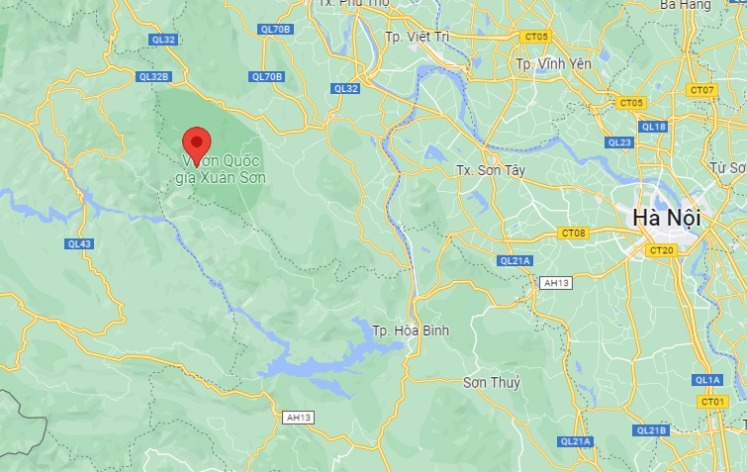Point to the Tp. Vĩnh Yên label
tap(551, 63)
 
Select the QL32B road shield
tap(155, 76)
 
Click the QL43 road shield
tap(80, 243)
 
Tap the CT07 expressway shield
tap(701, 90)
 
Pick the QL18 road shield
tap(653, 127)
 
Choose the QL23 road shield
tap(619, 142)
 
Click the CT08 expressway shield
tap(573, 234)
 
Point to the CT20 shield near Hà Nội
tap(661, 250)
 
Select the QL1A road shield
tap(707, 380)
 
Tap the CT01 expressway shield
tap(711, 401)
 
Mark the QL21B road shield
tap(650, 430)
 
